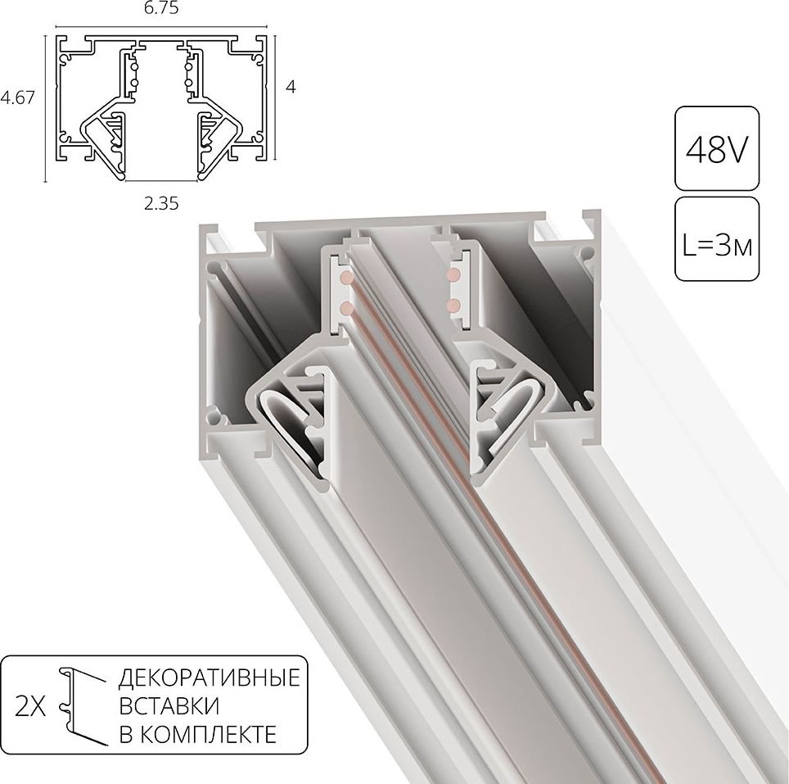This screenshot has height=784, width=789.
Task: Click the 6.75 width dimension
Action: (x=160, y=9)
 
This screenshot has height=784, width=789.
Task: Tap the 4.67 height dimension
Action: (x=17, y=97)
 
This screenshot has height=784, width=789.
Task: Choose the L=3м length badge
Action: (x=715, y=242)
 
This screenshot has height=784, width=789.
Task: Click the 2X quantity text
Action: (x=32, y=707)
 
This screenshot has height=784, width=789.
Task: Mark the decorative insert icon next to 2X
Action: (x=82, y=705)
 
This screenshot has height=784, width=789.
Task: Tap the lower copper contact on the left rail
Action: (x=345, y=308)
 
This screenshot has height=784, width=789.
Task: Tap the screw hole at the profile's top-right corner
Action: (x=586, y=254)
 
